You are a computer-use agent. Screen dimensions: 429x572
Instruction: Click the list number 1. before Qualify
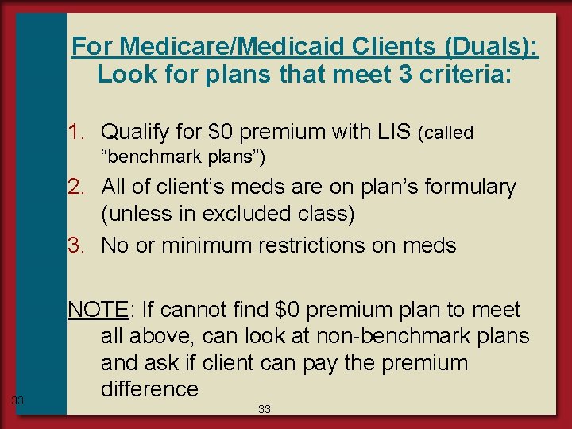(82, 130)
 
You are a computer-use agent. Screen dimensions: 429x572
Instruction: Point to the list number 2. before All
(82, 187)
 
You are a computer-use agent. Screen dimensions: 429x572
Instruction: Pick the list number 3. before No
(82, 245)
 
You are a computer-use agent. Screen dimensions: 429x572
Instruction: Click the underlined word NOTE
(98, 309)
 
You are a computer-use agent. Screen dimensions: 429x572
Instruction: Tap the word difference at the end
(149, 388)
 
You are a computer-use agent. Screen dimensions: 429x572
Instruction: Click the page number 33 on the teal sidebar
(17, 400)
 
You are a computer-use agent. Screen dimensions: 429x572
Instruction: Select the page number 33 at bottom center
(265, 409)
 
